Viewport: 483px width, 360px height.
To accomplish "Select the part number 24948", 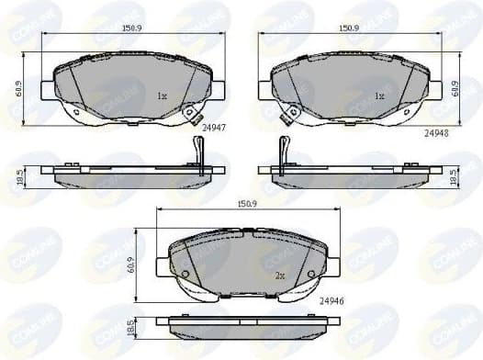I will point(436,132).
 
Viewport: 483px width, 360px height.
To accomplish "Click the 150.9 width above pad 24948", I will point(348,28).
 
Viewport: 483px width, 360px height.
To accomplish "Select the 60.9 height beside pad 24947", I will point(17,89).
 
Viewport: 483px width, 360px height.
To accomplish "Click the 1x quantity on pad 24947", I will point(161,96).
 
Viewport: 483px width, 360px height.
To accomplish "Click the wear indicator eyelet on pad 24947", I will point(191,114).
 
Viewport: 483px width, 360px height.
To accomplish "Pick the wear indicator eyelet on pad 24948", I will point(292,114).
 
